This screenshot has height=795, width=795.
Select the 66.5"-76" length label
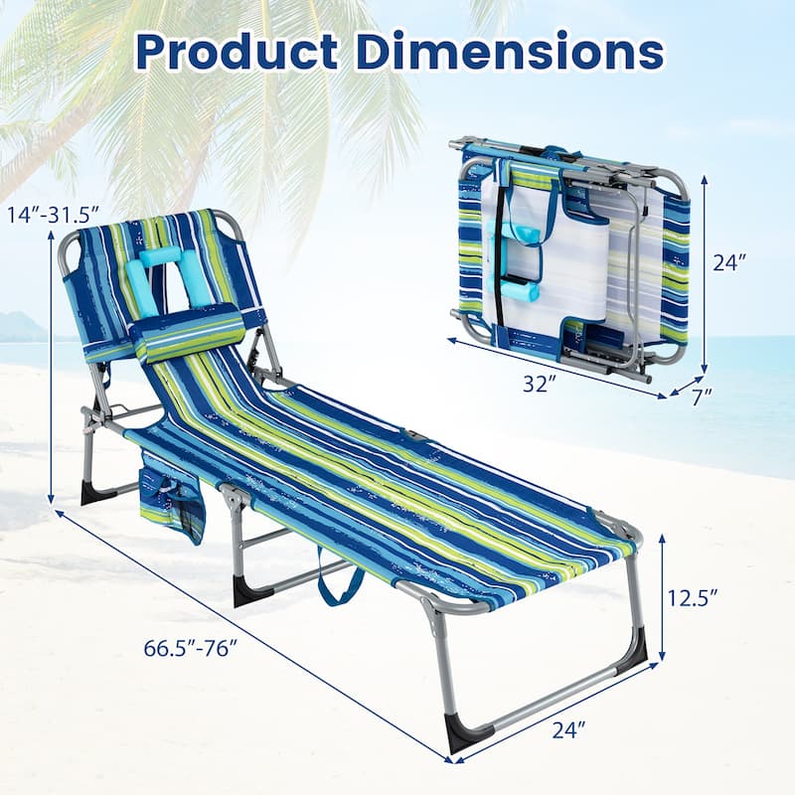(x=189, y=647)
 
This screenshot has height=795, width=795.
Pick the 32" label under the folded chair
(x=537, y=385)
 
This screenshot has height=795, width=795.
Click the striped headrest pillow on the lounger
(x=189, y=333)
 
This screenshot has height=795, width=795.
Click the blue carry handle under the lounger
(x=338, y=587)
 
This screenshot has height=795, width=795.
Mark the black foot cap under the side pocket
(x=97, y=492)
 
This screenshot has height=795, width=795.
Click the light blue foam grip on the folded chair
(x=519, y=291)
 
